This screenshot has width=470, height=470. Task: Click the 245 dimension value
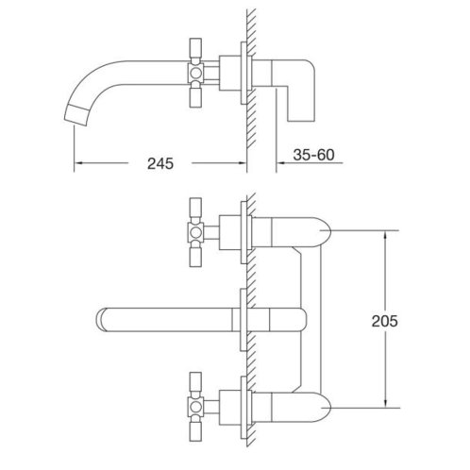pos(160,163)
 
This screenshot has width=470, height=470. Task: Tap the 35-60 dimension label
pos(313,155)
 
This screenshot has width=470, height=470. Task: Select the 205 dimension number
pos(384,321)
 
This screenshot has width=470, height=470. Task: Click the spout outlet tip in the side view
pos(76,117)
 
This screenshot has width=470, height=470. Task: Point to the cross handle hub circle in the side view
pos(195,74)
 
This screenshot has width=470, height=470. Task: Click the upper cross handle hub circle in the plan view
pos(195,232)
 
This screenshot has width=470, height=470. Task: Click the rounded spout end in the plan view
pos(100,320)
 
